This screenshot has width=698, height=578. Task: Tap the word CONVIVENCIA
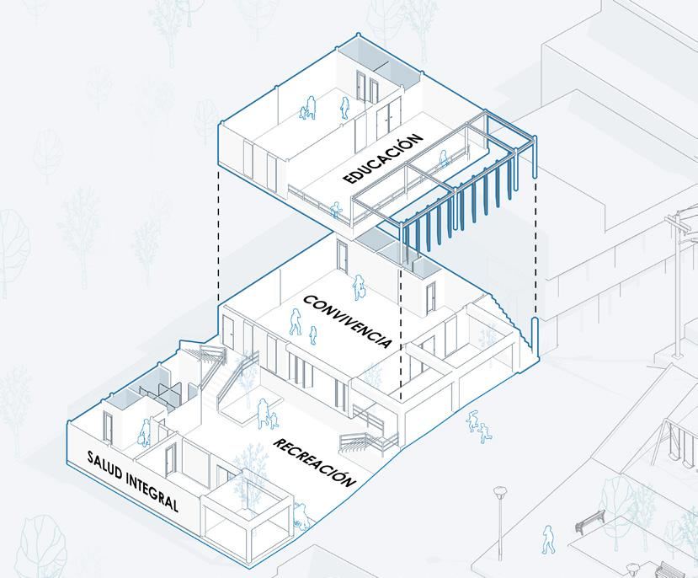coord(346,321)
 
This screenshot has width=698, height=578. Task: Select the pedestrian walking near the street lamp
coord(548,539)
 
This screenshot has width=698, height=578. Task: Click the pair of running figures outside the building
coord(479,426)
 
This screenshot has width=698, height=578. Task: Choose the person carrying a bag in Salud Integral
coord(146,432)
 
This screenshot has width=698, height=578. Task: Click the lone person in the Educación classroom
coord(344,107)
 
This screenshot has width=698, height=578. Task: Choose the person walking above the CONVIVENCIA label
coord(360,287)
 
